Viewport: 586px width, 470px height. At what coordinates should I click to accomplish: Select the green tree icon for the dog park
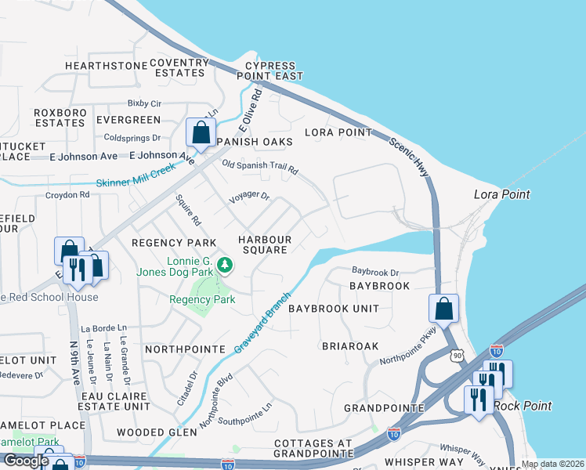click(x=226, y=266)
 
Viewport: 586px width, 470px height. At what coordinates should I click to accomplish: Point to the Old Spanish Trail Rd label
click(x=260, y=168)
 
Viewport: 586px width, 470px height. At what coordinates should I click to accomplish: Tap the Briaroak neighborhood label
click(x=350, y=345)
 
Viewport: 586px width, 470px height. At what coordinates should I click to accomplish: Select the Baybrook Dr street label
click(x=375, y=272)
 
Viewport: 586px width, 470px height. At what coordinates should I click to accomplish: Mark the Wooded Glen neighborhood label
click(x=157, y=432)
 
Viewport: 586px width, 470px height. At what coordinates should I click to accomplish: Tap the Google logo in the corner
click(x=26, y=461)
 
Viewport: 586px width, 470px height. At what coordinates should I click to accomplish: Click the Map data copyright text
click(x=552, y=464)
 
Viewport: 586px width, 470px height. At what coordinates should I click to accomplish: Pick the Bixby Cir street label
click(x=143, y=103)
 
